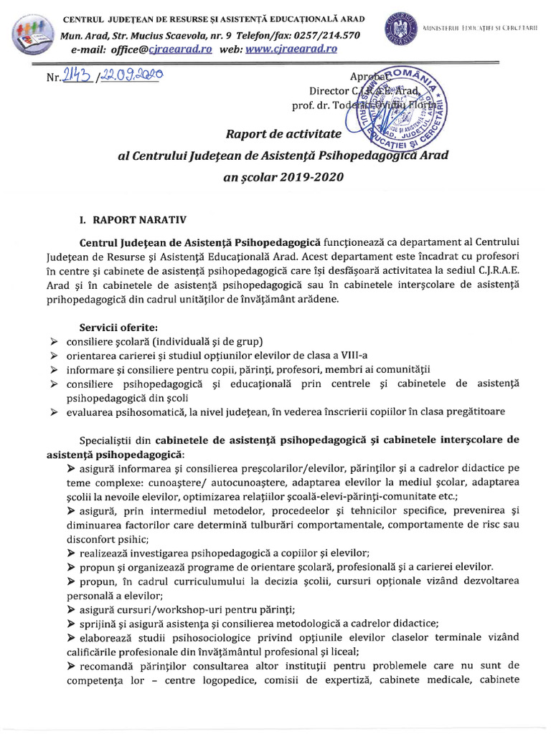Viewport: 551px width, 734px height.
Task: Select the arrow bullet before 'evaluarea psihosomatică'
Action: tap(55, 411)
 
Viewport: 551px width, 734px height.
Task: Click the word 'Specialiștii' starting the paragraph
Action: tap(113, 439)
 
